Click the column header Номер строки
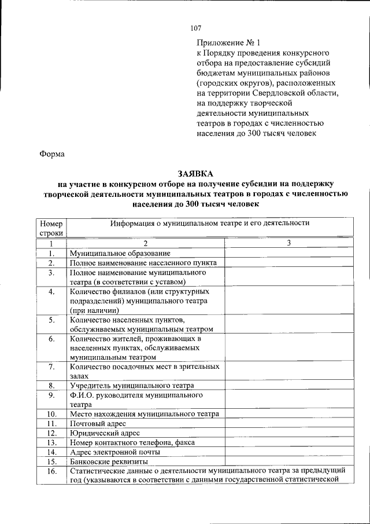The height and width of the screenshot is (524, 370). (x=51, y=228)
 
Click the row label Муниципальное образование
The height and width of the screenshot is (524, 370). (x=120, y=253)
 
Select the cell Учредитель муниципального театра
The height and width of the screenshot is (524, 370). (x=132, y=385)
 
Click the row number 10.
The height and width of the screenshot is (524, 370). (x=51, y=414)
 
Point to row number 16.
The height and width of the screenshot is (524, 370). (x=51, y=471)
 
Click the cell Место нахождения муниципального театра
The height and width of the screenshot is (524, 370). (x=144, y=414)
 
